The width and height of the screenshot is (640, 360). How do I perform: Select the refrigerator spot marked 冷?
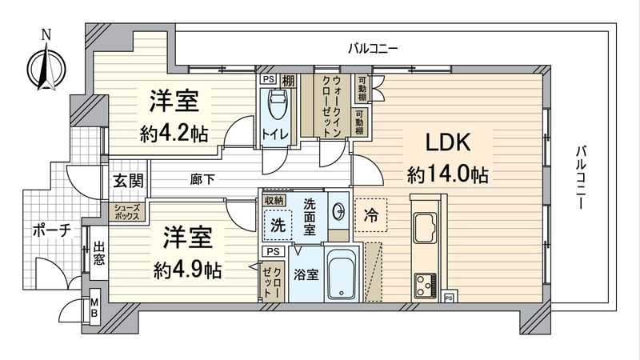(372, 214)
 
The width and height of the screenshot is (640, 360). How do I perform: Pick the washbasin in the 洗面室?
(339, 211)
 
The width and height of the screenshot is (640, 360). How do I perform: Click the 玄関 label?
(128, 180)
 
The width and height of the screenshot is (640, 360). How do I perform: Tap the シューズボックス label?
(126, 211)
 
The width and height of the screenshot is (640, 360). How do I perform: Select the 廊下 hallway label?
(202, 180)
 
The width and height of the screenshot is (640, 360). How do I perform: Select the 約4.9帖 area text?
(187, 269)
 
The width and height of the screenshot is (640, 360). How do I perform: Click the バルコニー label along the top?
(373, 49)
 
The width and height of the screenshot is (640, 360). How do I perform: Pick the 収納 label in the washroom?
(274, 199)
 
